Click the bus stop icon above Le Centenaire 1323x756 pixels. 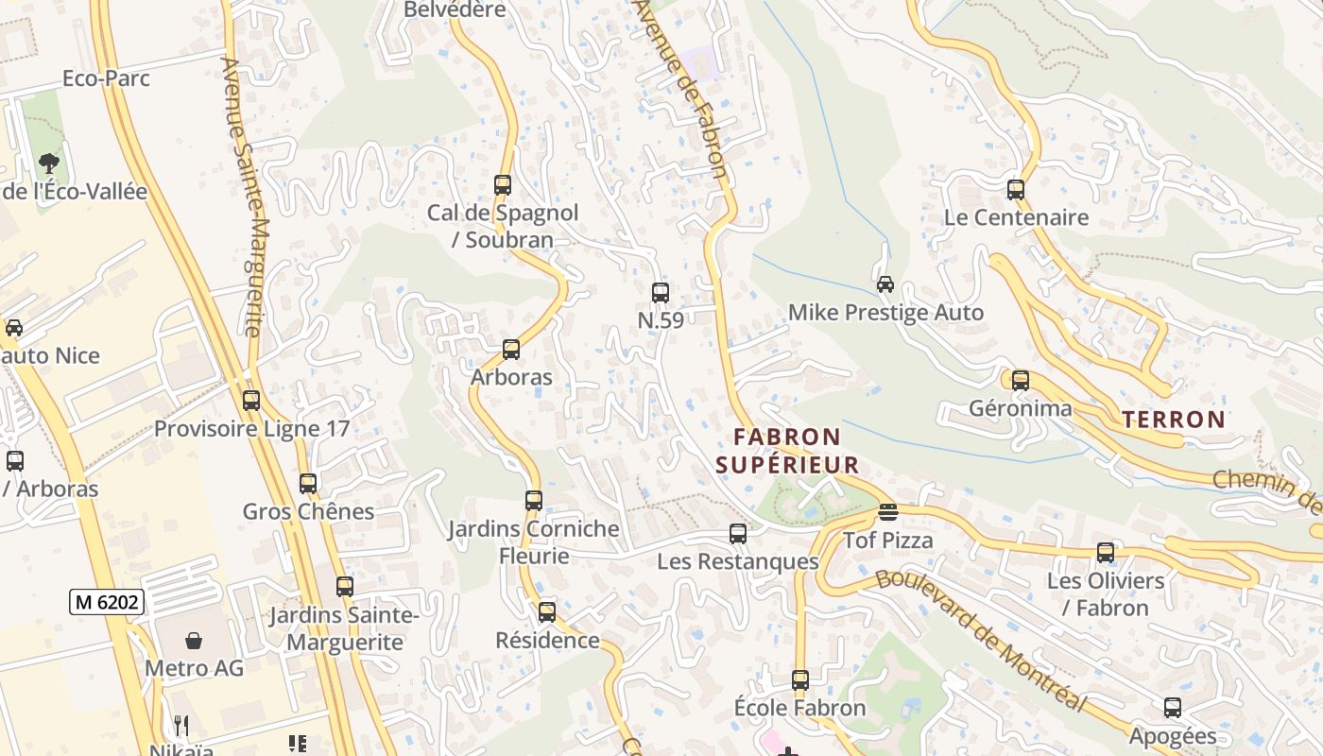click(x=1016, y=190)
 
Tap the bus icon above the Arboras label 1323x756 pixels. click(x=511, y=350)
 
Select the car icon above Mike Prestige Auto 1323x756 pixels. click(x=885, y=284)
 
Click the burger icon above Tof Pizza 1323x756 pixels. click(x=887, y=512)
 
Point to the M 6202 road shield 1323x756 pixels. click(x=107, y=601)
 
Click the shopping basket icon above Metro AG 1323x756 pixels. click(x=194, y=641)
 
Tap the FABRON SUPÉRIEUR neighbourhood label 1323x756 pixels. click(x=787, y=451)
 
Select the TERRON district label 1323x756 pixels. click(x=1173, y=420)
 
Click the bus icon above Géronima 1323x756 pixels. click(x=1021, y=381)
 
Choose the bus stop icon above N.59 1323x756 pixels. click(x=661, y=293)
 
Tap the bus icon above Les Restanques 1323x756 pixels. click(x=738, y=534)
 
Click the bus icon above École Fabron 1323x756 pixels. click(x=800, y=680)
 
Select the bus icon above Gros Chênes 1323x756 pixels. click(x=308, y=484)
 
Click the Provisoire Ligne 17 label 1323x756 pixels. click(x=251, y=429)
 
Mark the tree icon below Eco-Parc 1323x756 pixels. click(x=49, y=163)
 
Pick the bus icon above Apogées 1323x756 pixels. click(x=1173, y=708)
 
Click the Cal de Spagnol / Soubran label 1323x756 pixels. click(x=503, y=226)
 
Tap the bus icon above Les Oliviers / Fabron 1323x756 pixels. click(x=1105, y=553)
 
